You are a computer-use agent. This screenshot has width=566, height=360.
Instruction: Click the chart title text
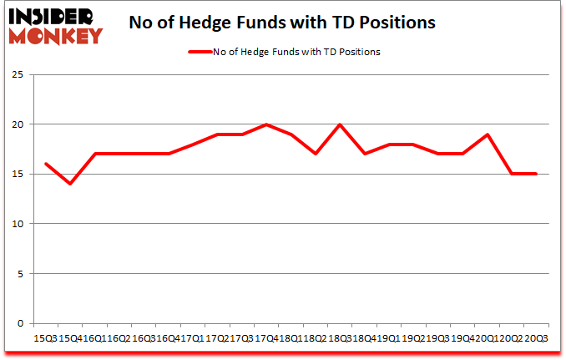coord(282,23)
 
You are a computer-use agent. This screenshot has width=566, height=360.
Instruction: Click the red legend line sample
coord(201,52)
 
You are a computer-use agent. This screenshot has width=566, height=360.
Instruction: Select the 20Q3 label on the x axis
coord(536,337)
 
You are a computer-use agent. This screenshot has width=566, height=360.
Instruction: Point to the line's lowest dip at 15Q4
coord(71,184)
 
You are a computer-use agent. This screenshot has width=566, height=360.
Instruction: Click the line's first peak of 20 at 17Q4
coord(266,124)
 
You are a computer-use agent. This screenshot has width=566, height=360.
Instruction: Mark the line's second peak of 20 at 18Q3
coord(341,124)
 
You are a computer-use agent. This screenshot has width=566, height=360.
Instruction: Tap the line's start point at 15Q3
coord(46,164)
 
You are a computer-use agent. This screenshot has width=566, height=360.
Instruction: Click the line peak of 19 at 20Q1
coord(488,134)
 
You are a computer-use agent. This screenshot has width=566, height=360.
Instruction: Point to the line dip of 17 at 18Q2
coord(316,154)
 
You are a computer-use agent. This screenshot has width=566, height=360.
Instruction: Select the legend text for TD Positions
coord(297,52)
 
